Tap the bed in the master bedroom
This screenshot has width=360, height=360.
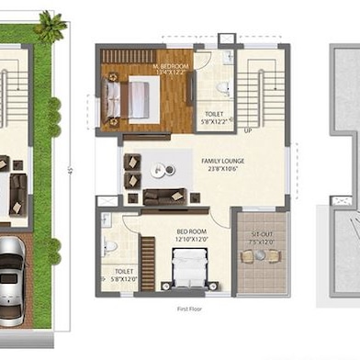pyautogui.click(x=134, y=99)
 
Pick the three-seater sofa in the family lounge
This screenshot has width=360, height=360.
pyautogui.click(x=163, y=197)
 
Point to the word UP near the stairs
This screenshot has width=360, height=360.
pyautogui.click(x=248, y=129)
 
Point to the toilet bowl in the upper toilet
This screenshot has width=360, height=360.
pyautogui.click(x=222, y=88)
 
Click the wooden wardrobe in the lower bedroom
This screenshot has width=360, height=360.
pyautogui.click(x=148, y=261)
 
